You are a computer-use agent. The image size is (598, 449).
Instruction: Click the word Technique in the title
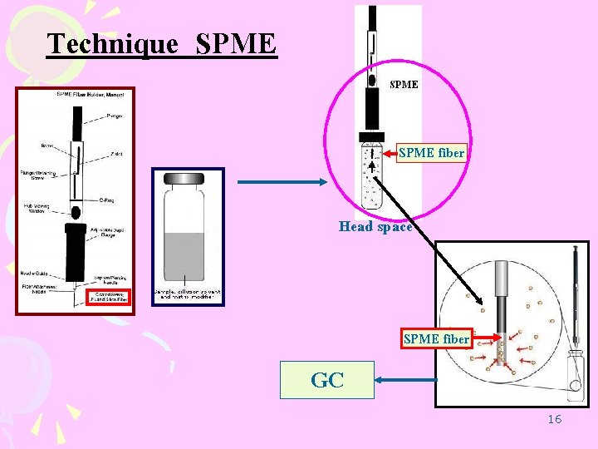point(112,43)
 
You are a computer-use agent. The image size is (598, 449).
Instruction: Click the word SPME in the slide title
point(237,43)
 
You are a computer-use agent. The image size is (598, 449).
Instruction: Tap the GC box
point(327,381)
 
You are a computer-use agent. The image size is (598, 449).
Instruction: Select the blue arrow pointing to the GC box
point(406,380)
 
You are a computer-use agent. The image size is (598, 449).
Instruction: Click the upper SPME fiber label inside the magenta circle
point(430,153)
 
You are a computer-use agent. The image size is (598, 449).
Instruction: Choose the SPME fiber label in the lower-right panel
point(436,338)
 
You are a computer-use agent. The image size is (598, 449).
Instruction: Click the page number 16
point(554,419)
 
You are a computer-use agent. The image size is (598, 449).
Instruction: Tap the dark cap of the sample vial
point(187,179)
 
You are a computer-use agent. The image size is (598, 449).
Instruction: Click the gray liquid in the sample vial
point(187,258)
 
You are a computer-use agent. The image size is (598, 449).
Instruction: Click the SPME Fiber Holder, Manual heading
point(86,93)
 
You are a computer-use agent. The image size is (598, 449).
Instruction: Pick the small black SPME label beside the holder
point(404,84)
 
